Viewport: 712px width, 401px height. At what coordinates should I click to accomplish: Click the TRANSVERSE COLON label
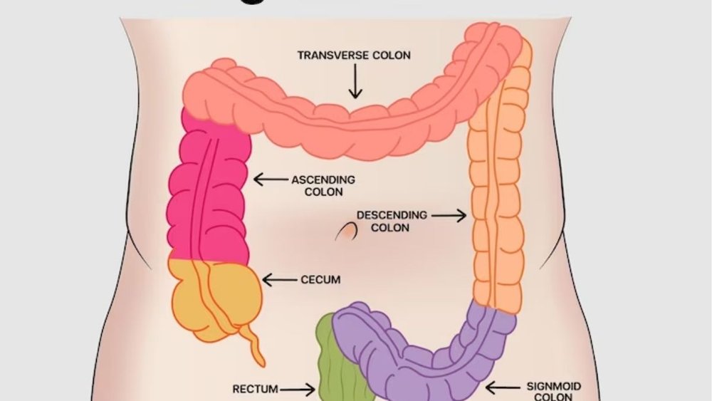(x=354, y=56)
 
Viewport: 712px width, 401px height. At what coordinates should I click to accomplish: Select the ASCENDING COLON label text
(x=323, y=186)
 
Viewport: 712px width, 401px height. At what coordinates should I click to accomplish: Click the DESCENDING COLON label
(x=392, y=221)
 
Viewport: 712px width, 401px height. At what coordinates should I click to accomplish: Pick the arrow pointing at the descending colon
(x=449, y=214)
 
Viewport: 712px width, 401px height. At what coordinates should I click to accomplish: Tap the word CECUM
(x=320, y=280)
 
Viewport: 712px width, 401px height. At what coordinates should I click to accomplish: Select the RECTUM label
(x=256, y=389)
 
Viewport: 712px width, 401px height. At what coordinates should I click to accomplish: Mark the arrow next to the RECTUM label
(x=300, y=389)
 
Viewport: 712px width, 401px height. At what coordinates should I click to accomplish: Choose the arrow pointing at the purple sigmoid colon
(x=502, y=387)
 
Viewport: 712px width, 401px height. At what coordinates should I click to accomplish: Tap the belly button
(x=347, y=231)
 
